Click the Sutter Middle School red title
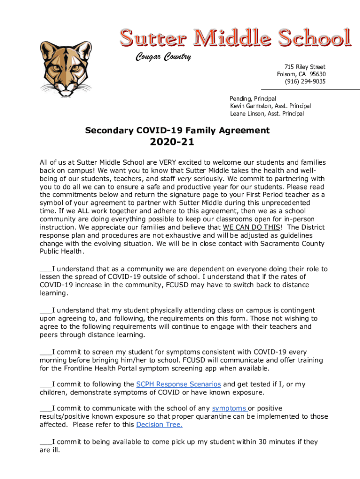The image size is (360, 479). point(235,38)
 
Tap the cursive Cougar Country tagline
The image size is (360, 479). point(163,57)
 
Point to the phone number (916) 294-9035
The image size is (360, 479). point(305,81)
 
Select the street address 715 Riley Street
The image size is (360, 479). point(304,67)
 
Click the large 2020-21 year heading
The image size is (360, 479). point(172,142)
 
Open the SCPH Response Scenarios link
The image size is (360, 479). point(178,384)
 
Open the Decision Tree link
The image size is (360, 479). point(159,424)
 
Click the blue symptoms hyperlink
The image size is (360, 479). point(229,408)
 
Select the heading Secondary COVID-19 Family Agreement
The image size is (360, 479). point(177,131)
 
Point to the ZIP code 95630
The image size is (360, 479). point(317,74)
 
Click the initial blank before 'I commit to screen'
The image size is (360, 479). point(46,352)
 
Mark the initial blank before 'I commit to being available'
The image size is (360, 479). point(46,442)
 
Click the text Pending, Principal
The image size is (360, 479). point(252,99)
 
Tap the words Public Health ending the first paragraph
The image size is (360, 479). point(62,252)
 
